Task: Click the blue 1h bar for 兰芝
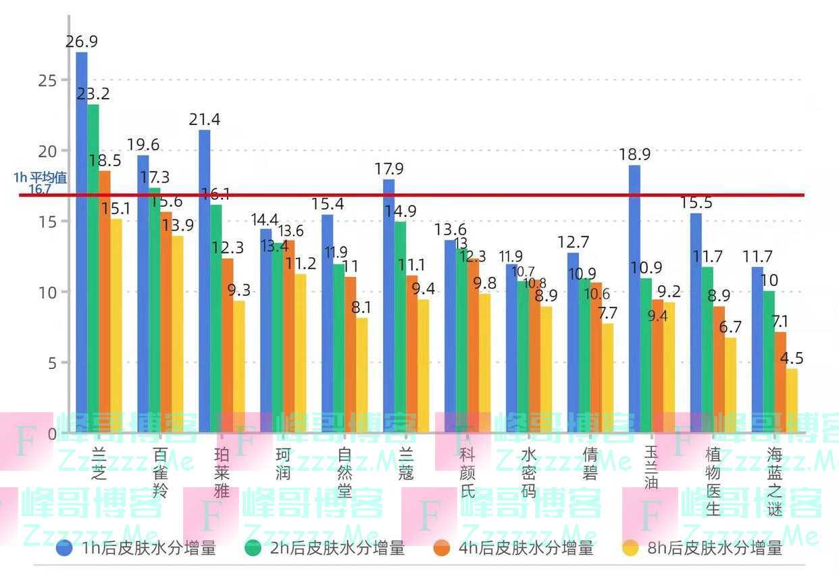coord(82,243)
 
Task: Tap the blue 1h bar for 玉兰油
coord(634,297)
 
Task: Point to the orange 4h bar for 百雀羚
coord(166,322)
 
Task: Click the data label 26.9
coord(82,42)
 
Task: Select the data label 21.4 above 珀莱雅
coord(205,120)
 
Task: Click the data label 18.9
coord(634,155)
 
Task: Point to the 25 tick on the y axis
coord(47,80)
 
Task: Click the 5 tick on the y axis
coord(53,363)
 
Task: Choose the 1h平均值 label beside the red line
coord(40,178)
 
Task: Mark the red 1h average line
coord(473,195)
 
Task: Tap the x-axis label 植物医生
coord(713,480)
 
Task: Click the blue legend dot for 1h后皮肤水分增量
coord(65,548)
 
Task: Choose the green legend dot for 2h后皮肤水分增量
coord(253,548)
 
